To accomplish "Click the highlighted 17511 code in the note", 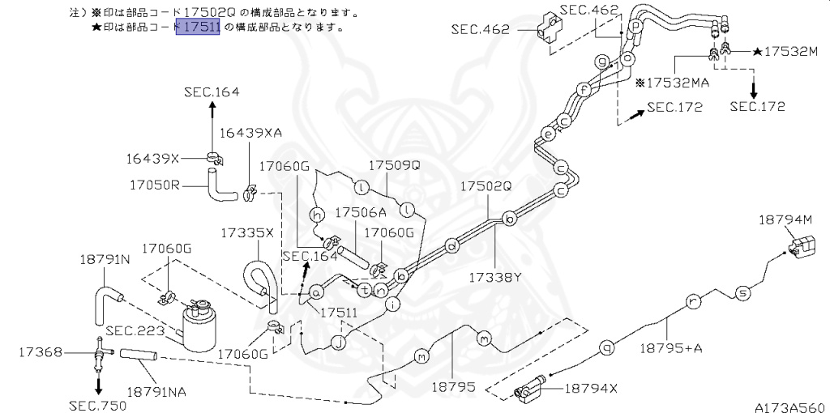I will point(198,27).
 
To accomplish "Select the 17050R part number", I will point(153,185).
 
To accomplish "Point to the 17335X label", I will point(247,232).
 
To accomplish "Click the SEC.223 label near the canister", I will point(135,330).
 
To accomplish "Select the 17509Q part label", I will point(395,165).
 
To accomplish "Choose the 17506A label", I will point(361,212).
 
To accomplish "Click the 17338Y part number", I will point(494,277).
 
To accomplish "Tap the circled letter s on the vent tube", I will point(742,292).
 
